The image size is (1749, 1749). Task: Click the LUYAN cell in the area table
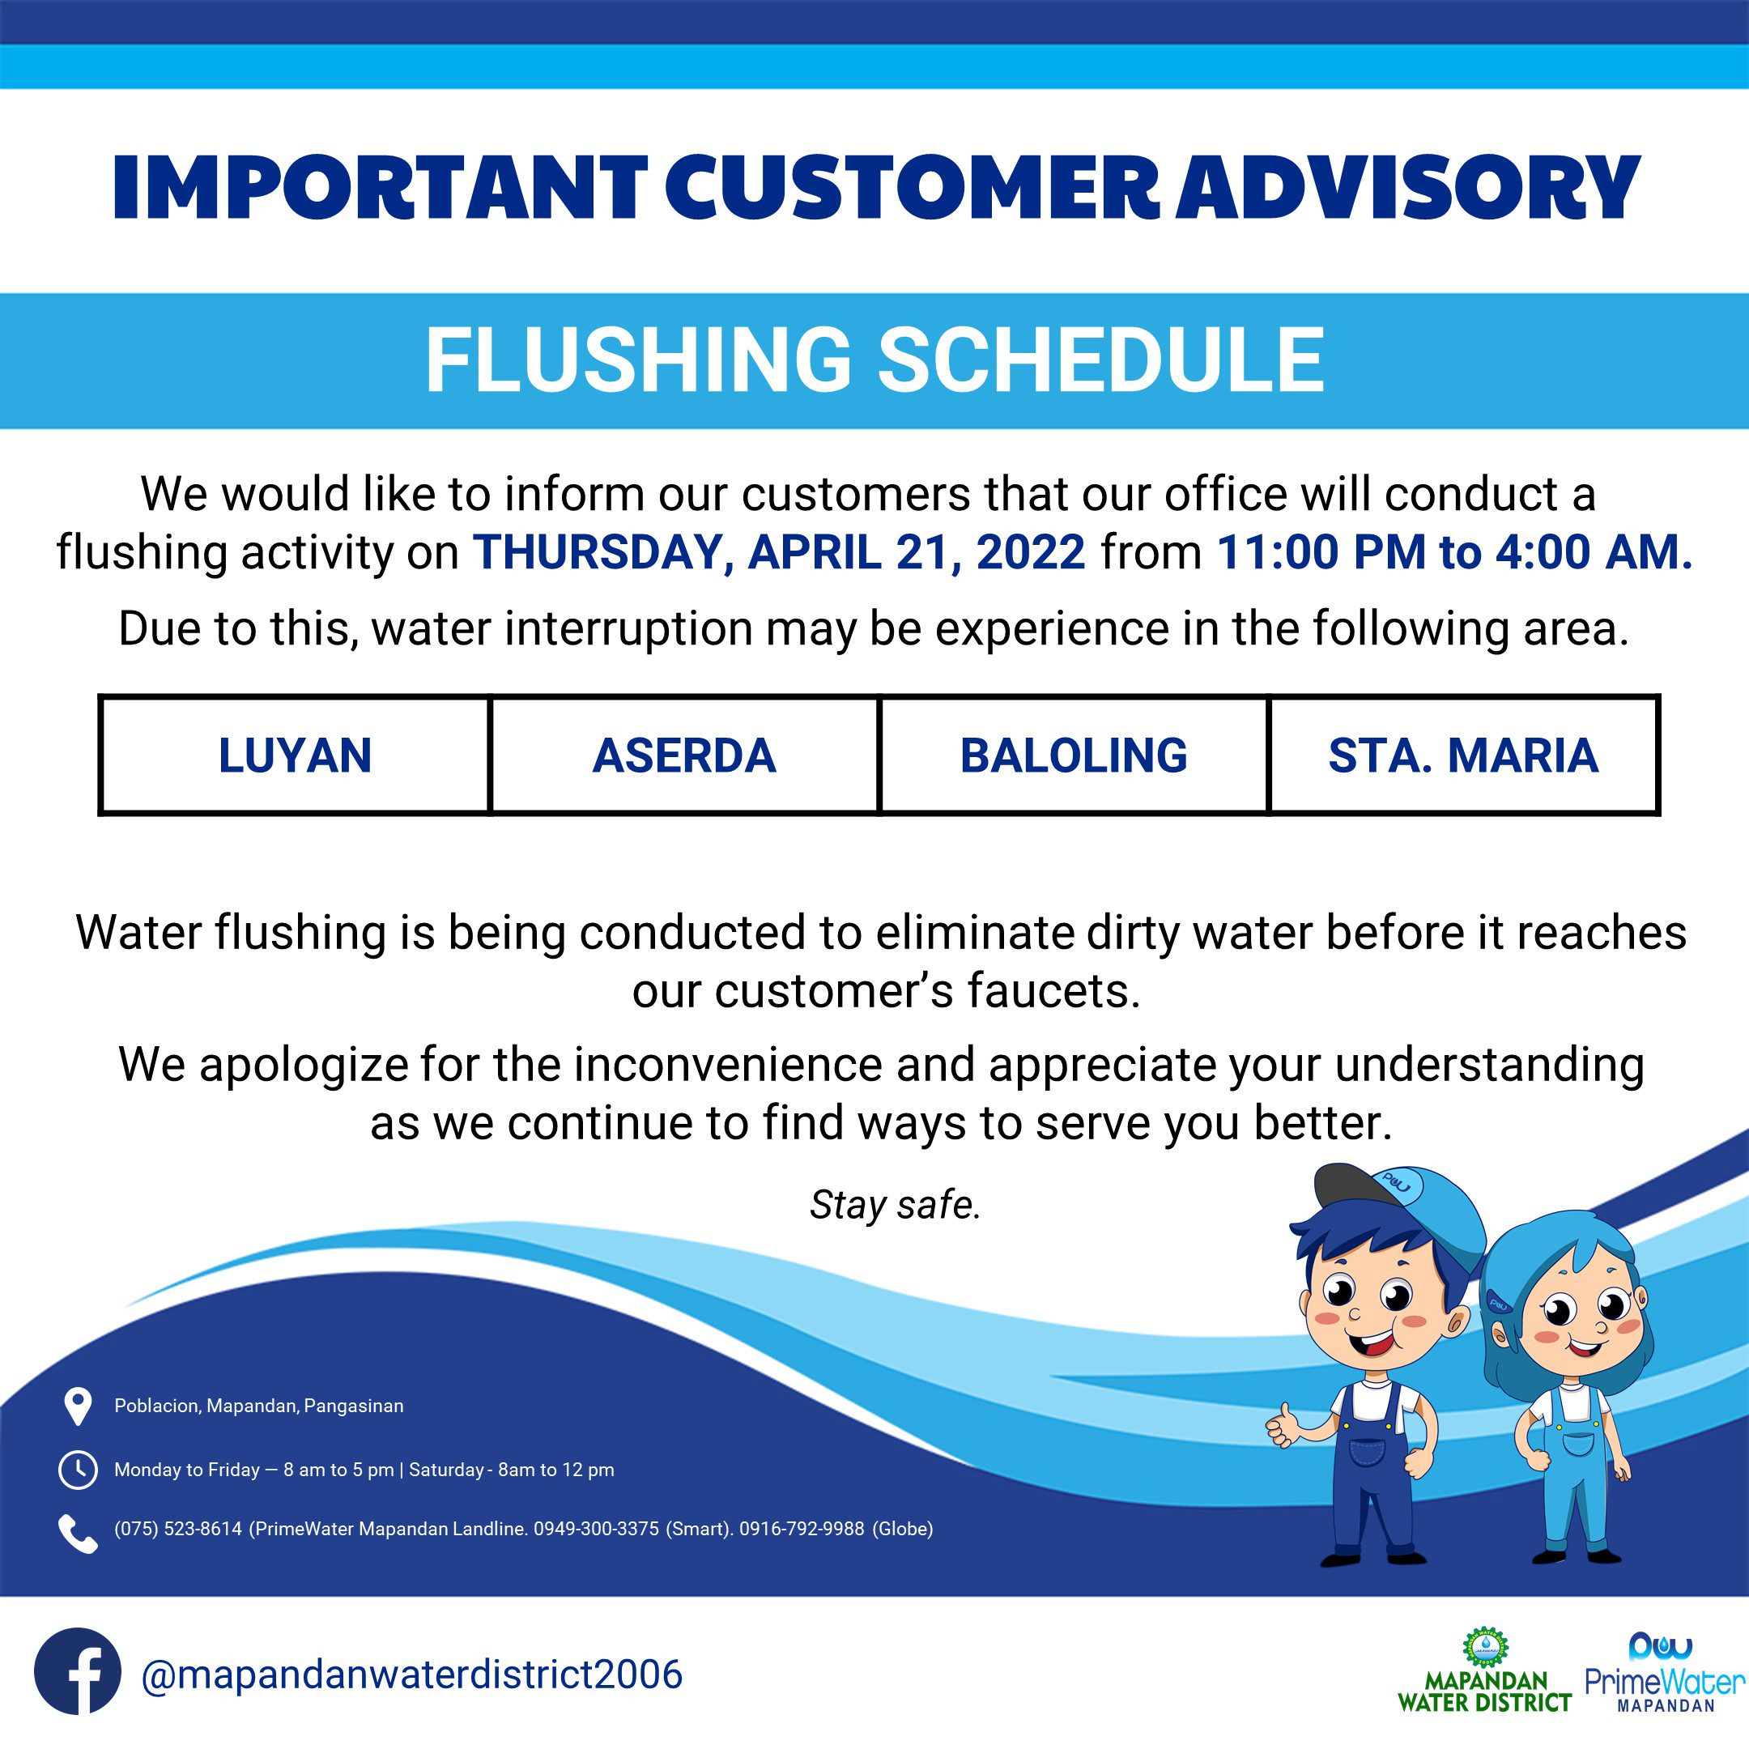tap(295, 755)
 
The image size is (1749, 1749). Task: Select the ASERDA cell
tap(684, 755)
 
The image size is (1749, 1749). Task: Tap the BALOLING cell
tap(1074, 755)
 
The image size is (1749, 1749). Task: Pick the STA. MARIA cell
tap(1464, 755)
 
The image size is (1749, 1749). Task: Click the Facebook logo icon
tap(77, 1672)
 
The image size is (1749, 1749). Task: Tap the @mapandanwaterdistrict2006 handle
tap(412, 1674)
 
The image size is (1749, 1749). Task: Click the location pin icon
tap(78, 1406)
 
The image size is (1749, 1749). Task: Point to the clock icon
tap(78, 1470)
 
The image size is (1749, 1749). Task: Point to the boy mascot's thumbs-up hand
tap(1283, 1430)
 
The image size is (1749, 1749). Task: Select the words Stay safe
tap(896, 1205)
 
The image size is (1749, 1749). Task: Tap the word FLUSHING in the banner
tap(638, 360)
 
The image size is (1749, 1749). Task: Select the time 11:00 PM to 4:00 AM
tap(1455, 551)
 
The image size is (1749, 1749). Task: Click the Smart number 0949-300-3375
tap(596, 1529)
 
